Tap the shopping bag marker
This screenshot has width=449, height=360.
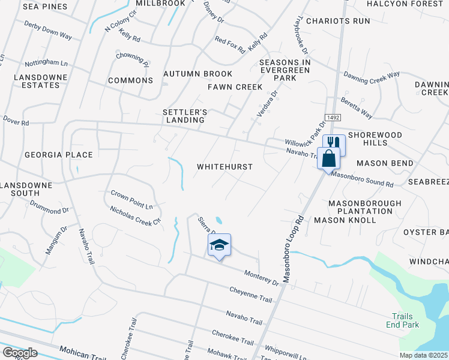coord(328,159)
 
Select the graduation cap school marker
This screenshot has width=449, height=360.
coord(219,245)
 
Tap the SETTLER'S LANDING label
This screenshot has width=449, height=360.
coord(185,116)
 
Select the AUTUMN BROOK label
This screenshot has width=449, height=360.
coord(198,74)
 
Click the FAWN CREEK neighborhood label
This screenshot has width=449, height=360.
coord(235,87)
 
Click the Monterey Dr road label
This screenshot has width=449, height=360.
coord(262,278)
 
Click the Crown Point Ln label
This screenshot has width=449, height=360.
coord(132,199)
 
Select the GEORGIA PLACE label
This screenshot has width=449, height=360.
coord(59,155)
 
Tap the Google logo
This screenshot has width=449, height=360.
coord(20,353)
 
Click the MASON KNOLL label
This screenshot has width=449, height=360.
coord(345,220)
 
